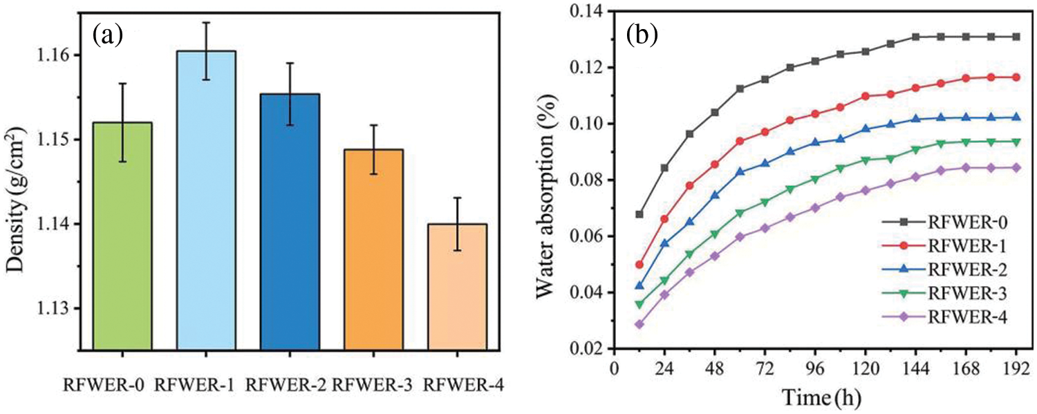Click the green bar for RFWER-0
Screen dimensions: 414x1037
tap(122, 235)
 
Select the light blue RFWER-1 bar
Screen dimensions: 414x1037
tap(206, 200)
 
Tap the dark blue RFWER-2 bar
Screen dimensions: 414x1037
tap(290, 221)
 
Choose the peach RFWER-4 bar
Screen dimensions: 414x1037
tap(457, 287)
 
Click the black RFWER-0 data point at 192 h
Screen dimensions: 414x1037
tap(1016, 37)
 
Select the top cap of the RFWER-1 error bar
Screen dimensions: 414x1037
tap(206, 22)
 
